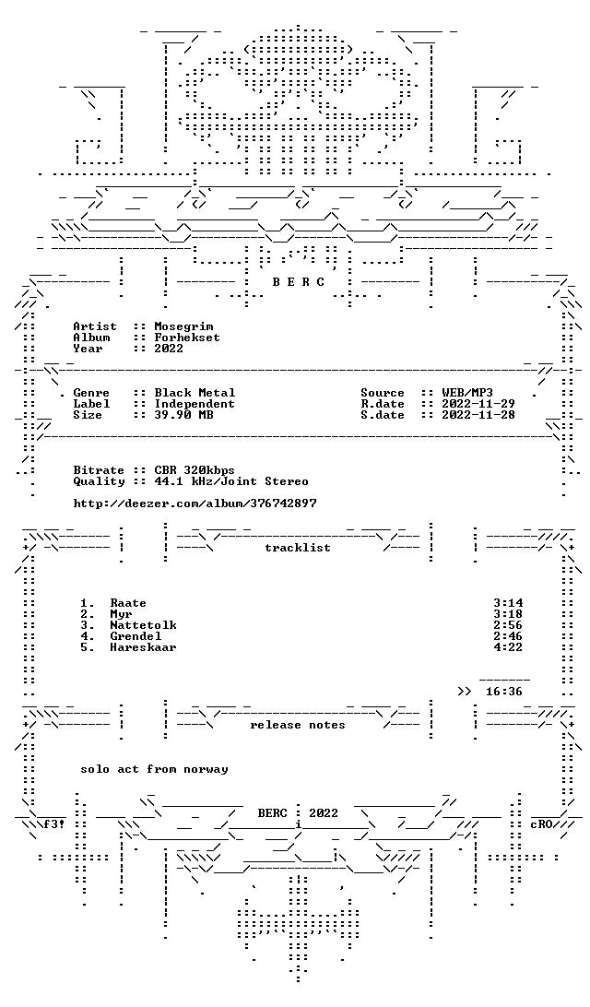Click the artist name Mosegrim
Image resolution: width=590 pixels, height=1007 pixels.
(x=183, y=326)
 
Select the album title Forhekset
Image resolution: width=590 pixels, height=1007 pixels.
(x=187, y=338)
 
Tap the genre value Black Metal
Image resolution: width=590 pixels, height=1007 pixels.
(x=195, y=393)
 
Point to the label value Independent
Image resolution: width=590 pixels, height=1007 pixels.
(x=195, y=405)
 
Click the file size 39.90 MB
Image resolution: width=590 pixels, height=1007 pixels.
(x=183, y=416)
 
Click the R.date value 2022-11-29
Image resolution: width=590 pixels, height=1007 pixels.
(x=478, y=404)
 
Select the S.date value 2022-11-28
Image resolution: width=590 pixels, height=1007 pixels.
(x=478, y=416)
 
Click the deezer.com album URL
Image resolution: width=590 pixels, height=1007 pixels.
(x=195, y=504)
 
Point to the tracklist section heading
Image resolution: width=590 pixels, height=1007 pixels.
(x=298, y=548)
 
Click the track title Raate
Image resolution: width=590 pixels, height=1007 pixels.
(x=128, y=603)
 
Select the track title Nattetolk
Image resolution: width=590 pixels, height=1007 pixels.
(x=143, y=625)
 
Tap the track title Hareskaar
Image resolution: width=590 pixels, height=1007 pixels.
(x=143, y=647)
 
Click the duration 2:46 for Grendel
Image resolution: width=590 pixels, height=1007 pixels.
(x=508, y=636)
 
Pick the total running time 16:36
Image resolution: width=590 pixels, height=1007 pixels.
(x=504, y=692)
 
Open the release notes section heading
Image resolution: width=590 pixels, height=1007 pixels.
(x=298, y=725)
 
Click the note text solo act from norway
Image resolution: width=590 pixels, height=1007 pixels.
(x=154, y=769)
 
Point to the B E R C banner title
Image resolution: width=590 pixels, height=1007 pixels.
(x=299, y=282)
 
